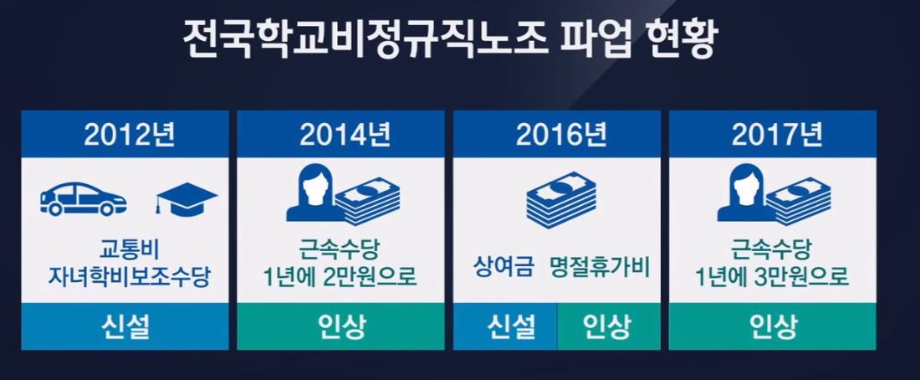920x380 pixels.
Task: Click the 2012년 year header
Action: point(129,135)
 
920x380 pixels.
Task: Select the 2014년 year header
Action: point(345,135)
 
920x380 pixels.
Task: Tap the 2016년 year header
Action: point(561,135)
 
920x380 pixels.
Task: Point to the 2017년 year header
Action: point(777,135)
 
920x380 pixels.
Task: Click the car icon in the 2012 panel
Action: point(84,198)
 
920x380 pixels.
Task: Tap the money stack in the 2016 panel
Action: point(561,196)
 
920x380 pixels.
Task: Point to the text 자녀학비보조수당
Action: point(129,277)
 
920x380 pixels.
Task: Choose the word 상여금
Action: point(504,267)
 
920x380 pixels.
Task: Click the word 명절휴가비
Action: point(600,267)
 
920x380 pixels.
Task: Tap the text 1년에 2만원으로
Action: point(340,277)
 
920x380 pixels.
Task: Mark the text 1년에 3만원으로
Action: point(772,277)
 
